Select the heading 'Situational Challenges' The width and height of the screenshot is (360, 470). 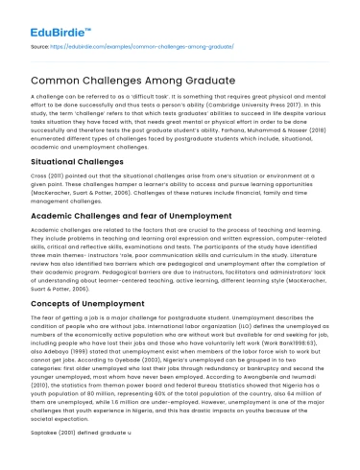(67, 162)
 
